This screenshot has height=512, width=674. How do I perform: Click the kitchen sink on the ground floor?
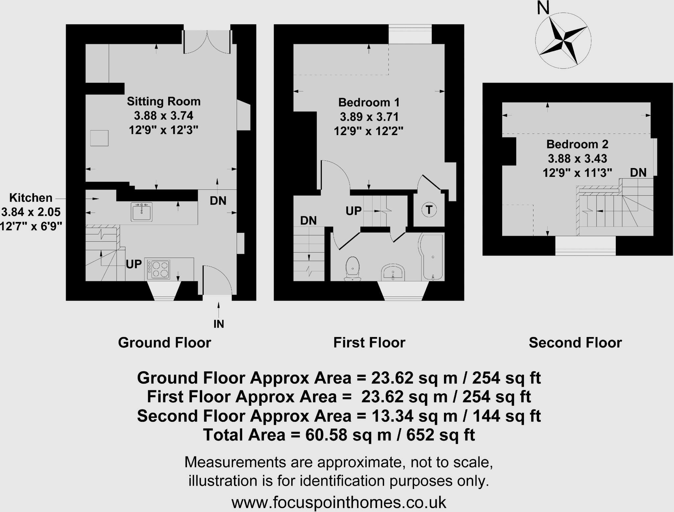[x=142, y=212]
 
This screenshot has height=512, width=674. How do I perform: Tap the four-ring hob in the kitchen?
[x=159, y=270]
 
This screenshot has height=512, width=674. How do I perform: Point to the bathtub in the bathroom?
[x=432, y=256]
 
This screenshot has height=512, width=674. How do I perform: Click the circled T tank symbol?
[x=429, y=210]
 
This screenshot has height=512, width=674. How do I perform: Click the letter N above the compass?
[x=543, y=8]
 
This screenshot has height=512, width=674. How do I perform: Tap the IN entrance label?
[x=219, y=324]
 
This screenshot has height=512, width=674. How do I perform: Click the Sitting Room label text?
[x=164, y=101]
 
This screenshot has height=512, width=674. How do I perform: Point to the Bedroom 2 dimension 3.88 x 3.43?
[x=577, y=158]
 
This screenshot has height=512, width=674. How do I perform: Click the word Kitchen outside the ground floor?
[x=31, y=198]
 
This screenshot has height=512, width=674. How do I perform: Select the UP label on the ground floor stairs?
[x=134, y=264]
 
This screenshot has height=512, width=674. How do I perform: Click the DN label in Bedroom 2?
[x=638, y=172]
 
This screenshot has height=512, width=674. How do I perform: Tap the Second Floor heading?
[x=575, y=343]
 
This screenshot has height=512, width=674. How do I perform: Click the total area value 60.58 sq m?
[x=348, y=435]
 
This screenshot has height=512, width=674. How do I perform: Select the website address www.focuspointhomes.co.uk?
[x=339, y=502]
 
